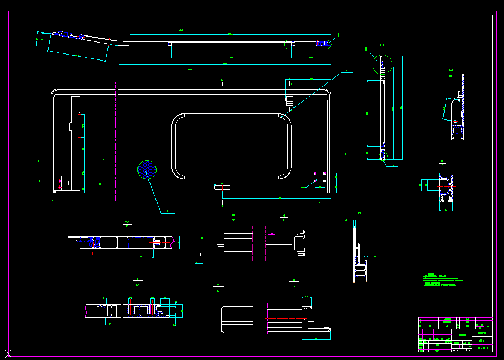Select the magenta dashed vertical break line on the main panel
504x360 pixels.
[117, 142]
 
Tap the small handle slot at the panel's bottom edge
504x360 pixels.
[223, 186]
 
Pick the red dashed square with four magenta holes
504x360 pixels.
[320, 177]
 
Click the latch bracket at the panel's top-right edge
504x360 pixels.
[290, 92]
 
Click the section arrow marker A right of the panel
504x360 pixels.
[345, 155]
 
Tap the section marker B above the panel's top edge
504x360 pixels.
[223, 80]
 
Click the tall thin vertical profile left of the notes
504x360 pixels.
[359, 251]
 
